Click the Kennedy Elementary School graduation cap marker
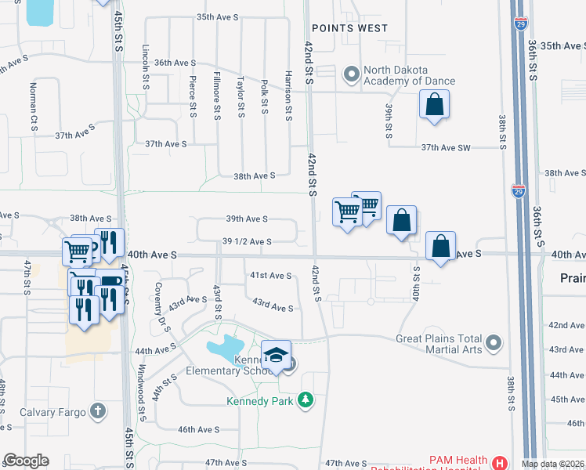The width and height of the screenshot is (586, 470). (276, 354)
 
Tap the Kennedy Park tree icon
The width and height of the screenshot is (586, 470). (306, 401)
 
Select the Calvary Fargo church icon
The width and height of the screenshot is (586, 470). (97, 410)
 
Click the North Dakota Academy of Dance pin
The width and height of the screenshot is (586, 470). (351, 75)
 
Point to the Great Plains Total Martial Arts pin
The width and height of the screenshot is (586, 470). (493, 343)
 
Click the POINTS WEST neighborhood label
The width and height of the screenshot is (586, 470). (349, 28)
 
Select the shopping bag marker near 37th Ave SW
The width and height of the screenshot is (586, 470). (434, 104)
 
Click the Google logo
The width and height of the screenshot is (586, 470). (26, 461)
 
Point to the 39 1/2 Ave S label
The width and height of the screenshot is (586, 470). (247, 242)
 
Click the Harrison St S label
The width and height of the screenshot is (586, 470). (288, 96)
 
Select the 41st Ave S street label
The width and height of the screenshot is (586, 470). (270, 276)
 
